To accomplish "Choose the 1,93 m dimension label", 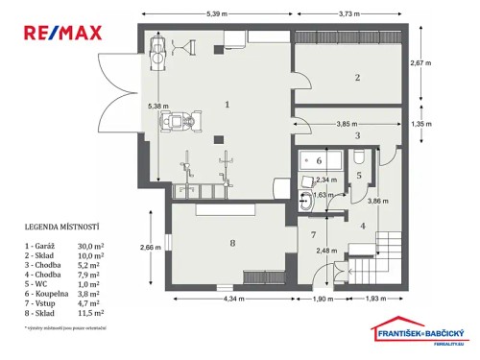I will coord(377,299).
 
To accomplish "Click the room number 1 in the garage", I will coord(228,103).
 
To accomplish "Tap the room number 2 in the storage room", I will coord(356,77).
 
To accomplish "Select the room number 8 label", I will coord(231,244).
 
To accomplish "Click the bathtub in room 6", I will coord(313,160).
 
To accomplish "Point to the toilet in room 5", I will coord(306,203).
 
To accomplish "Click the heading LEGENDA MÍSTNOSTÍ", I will coord(62,228).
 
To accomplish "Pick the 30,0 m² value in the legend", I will coord(90,246).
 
